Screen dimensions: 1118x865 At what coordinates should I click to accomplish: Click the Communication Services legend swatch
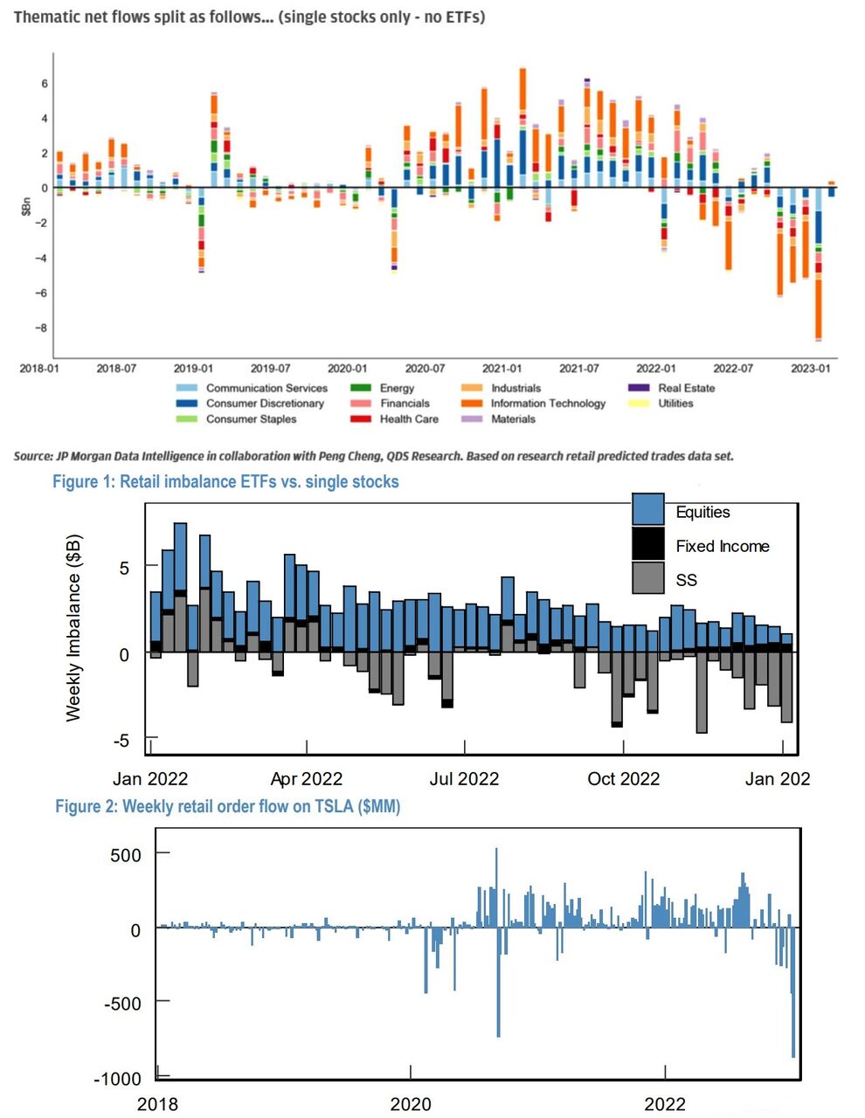(x=187, y=388)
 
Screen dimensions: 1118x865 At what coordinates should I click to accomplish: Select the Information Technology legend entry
(x=547, y=404)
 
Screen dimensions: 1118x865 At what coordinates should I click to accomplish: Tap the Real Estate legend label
(x=686, y=388)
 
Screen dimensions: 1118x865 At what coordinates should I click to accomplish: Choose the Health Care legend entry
(x=408, y=419)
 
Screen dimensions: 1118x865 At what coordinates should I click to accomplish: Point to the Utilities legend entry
(x=675, y=404)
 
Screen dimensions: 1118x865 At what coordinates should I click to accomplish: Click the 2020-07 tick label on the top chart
(x=425, y=369)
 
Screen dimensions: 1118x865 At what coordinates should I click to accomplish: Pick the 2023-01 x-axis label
(x=810, y=369)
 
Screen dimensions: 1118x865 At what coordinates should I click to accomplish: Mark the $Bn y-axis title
(x=27, y=206)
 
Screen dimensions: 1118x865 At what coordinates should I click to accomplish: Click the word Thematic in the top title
(x=48, y=17)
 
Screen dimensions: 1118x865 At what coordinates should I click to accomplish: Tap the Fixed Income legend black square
(x=648, y=545)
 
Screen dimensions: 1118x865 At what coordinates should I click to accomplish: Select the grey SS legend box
(x=648, y=578)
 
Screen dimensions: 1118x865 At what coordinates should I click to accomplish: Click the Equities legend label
(x=702, y=513)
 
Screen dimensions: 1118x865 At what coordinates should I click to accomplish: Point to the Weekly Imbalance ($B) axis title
(x=73, y=626)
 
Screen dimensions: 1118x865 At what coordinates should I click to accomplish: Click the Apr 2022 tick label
(x=307, y=779)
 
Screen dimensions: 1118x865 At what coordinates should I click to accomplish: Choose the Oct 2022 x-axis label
(x=623, y=779)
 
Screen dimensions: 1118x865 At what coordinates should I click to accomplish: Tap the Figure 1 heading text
(x=225, y=481)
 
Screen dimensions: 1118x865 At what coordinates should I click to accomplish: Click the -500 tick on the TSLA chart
(x=123, y=1004)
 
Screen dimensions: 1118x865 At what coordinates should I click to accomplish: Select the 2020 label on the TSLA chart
(x=411, y=1104)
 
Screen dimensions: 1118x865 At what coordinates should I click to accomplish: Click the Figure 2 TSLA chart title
(x=227, y=806)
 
